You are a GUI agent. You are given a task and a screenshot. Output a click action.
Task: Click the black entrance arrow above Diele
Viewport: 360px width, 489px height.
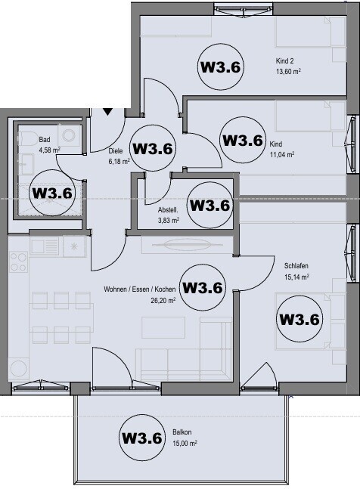(x=107, y=111)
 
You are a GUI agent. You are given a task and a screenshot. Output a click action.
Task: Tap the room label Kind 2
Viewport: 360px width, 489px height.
(x=286, y=63)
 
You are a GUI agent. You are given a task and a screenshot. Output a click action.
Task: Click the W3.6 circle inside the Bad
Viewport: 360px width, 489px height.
(x=52, y=193)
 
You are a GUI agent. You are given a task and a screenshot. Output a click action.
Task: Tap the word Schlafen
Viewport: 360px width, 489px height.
(x=296, y=266)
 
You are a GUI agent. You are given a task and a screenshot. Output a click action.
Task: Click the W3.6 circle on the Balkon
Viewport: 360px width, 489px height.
(x=142, y=438)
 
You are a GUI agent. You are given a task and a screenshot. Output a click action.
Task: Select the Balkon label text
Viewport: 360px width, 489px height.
(x=182, y=433)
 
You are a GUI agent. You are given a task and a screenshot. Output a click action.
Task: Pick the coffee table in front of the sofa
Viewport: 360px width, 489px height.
(x=163, y=327)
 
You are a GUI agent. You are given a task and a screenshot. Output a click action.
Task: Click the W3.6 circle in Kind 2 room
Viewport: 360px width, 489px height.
(x=220, y=67)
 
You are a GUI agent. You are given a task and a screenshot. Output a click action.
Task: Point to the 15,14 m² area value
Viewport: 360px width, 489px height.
(x=296, y=277)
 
